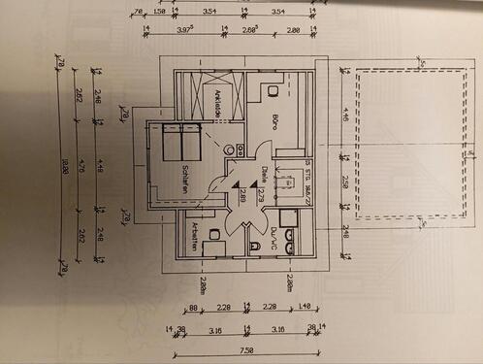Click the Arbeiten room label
point(195,238)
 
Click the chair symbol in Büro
point(275,92)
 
